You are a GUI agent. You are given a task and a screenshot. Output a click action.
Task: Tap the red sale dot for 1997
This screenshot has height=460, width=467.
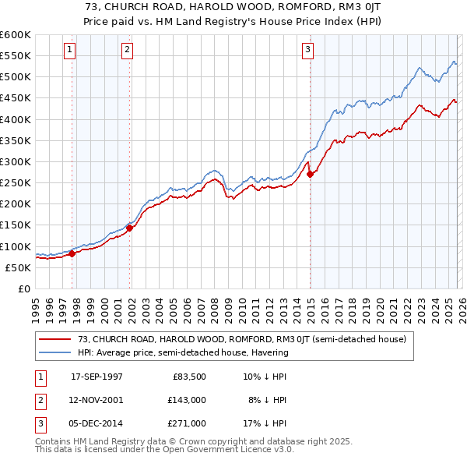pyautogui.click(x=72, y=253)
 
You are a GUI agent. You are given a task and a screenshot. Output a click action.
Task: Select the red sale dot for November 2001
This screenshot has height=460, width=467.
pyautogui.click(x=130, y=228)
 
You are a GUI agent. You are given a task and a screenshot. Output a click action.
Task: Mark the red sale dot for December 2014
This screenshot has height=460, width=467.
pyautogui.click(x=311, y=174)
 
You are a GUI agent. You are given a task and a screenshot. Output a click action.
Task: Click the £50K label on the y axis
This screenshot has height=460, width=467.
pyautogui.click(x=17, y=267)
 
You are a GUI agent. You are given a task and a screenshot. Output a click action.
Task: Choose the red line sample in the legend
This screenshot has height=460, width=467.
pyautogui.click(x=56, y=339)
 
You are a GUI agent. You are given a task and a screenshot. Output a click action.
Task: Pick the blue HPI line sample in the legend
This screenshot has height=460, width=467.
pyautogui.click(x=56, y=352)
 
